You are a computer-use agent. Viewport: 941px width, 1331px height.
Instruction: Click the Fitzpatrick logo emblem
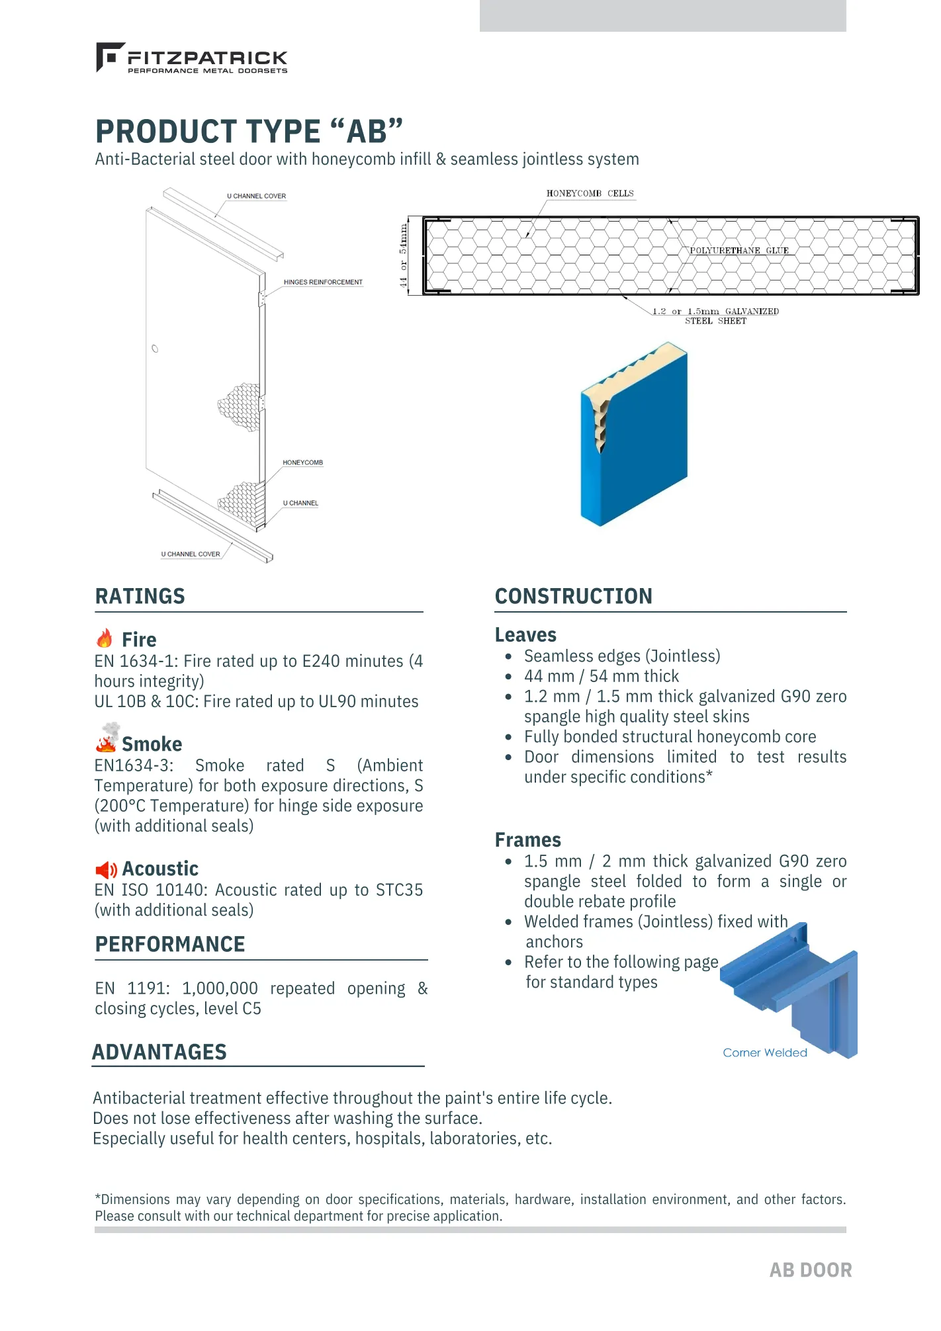pyautogui.click(x=109, y=56)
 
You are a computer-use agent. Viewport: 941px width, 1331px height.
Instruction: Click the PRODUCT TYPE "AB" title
pyautogui.click(x=249, y=131)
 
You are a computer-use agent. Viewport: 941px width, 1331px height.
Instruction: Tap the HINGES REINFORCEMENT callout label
pyautogui.click(x=323, y=282)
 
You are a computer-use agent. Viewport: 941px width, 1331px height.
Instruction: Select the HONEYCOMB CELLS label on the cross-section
pyautogui.click(x=590, y=194)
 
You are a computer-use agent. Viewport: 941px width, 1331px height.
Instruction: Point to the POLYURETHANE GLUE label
pyautogui.click(x=739, y=251)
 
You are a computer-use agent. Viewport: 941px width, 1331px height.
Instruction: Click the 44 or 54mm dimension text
pyautogui.click(x=403, y=255)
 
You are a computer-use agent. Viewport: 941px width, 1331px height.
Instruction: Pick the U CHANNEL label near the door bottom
pyautogui.click(x=300, y=503)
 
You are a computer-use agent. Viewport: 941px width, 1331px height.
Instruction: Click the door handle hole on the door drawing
pyautogui.click(x=155, y=349)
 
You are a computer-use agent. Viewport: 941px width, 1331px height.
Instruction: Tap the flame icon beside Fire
pyautogui.click(x=105, y=638)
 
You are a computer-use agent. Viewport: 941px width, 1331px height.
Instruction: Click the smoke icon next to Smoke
pyautogui.click(x=107, y=738)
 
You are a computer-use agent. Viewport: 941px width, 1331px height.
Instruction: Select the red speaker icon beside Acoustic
pyautogui.click(x=106, y=869)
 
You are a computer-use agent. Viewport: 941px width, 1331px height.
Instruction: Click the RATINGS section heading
pyautogui.click(x=140, y=596)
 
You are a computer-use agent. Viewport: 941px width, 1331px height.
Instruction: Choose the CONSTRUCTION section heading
pyautogui.click(x=573, y=596)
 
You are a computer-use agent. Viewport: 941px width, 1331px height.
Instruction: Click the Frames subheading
pyautogui.click(x=527, y=840)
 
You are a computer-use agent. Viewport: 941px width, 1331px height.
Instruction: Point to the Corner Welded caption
pyautogui.click(x=764, y=1052)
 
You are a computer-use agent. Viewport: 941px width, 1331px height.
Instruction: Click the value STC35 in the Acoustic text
pyautogui.click(x=399, y=890)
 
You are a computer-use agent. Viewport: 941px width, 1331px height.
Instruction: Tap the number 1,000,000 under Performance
pyautogui.click(x=220, y=988)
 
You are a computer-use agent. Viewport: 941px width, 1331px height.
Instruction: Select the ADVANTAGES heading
pyautogui.click(x=159, y=1052)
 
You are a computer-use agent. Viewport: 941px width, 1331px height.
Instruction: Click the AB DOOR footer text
pyautogui.click(x=810, y=1270)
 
